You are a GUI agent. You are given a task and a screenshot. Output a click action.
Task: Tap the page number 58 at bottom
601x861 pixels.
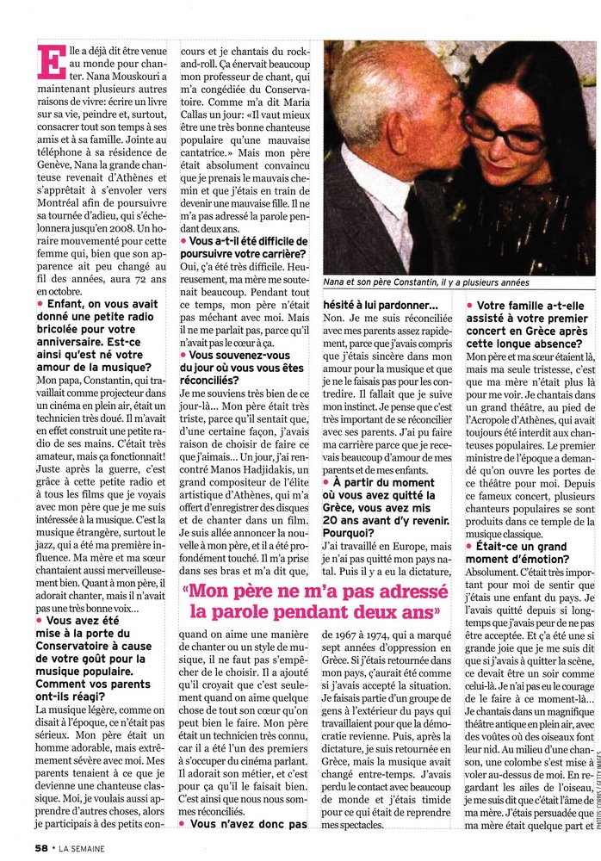point(40,847)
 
